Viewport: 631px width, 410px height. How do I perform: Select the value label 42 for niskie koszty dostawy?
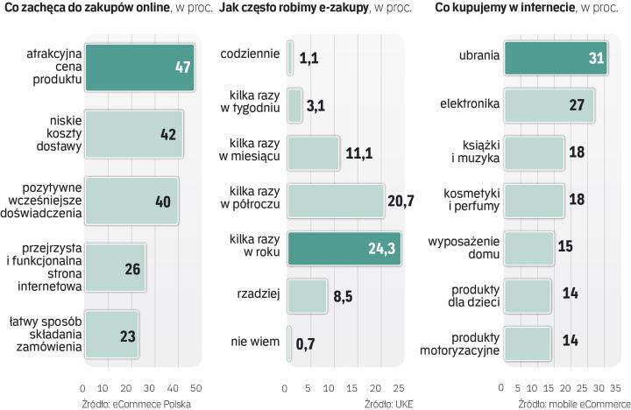167,135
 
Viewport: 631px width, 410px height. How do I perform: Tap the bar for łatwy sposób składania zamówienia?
110,335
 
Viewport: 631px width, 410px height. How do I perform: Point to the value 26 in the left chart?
132,268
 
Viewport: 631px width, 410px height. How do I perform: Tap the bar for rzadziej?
307,295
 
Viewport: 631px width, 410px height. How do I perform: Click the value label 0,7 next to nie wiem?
305,343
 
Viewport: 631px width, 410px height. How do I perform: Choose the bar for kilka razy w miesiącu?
313,152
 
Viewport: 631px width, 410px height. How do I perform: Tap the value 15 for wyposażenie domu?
564,247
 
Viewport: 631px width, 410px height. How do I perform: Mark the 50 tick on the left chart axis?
196,388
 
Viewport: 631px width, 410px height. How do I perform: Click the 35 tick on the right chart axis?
615,388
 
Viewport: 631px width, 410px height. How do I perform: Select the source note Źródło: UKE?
388,403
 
